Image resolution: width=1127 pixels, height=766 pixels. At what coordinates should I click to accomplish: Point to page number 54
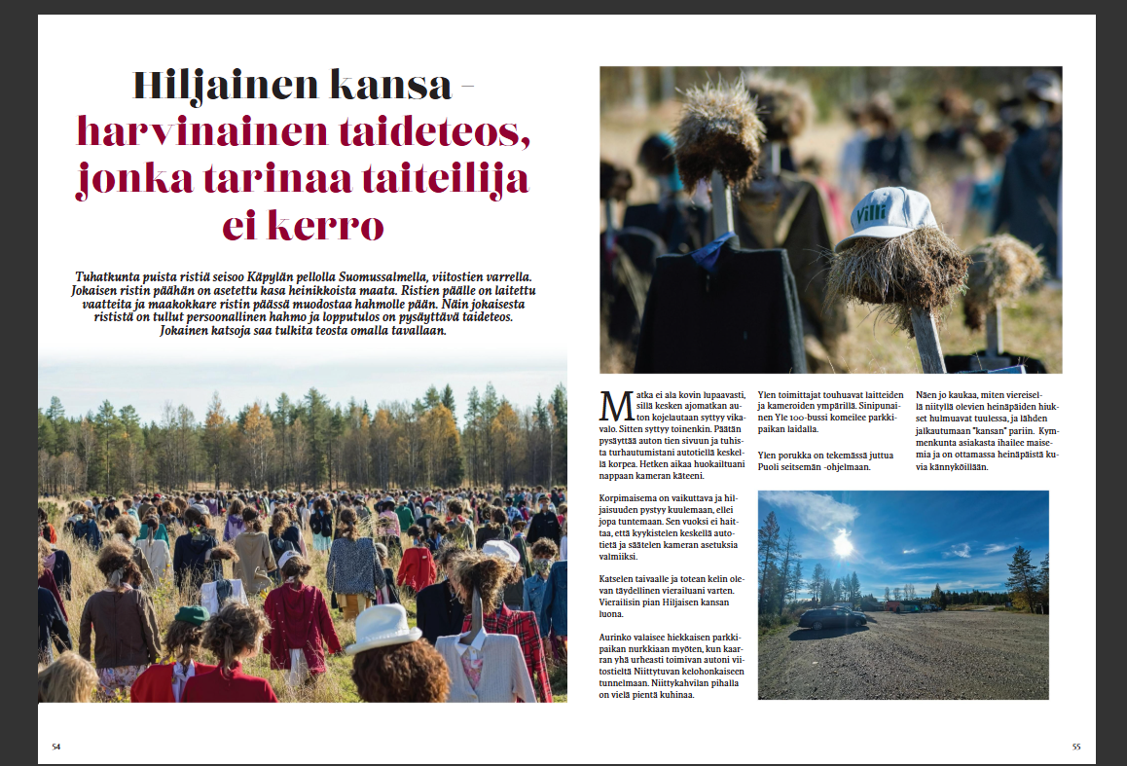click(x=56, y=747)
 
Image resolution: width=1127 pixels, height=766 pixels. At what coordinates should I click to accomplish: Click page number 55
click(x=1075, y=747)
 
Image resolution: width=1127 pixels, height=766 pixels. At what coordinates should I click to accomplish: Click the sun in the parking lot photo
click(x=843, y=544)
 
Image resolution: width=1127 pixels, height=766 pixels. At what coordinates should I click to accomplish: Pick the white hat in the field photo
click(x=382, y=628)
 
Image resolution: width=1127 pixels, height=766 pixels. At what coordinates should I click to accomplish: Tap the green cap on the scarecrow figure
click(x=192, y=615)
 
